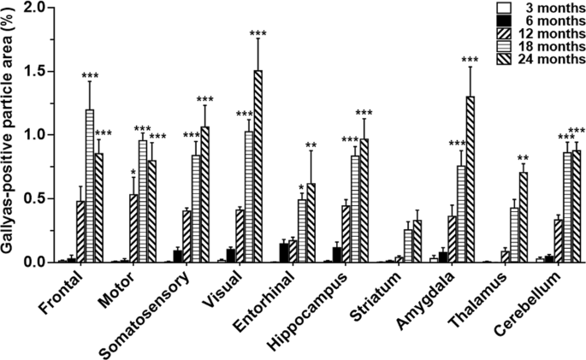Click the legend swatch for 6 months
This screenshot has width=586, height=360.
504,21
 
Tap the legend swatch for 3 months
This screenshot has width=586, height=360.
504,8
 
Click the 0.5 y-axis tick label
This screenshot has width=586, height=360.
35,198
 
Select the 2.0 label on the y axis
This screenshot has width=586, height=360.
35,7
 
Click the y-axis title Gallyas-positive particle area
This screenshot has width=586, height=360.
9,133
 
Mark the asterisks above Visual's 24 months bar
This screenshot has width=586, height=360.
257,33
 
